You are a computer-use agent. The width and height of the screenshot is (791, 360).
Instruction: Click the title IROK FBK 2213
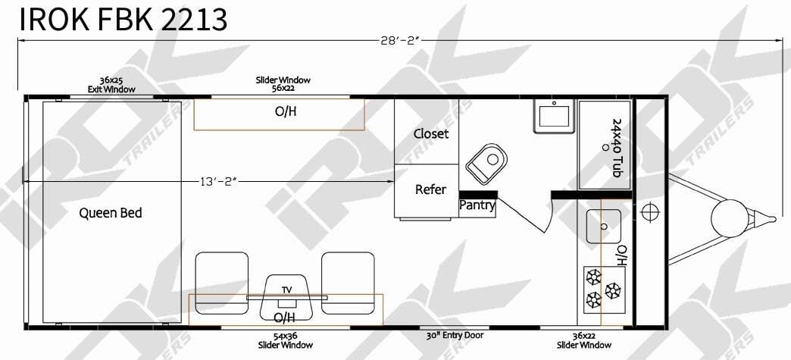(x=123, y=20)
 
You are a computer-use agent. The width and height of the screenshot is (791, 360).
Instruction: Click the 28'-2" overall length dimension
(x=400, y=41)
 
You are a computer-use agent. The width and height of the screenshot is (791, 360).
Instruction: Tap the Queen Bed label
(x=111, y=213)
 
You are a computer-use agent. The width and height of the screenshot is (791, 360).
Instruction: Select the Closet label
(x=431, y=134)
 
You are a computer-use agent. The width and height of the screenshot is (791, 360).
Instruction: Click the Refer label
(x=430, y=189)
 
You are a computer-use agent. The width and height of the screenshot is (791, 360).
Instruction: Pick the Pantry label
(x=477, y=206)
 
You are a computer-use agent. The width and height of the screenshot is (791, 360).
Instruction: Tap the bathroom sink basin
(x=555, y=117)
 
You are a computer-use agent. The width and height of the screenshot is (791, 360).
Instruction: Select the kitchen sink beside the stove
(x=602, y=226)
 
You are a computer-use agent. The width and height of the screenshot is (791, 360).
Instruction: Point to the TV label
(x=286, y=290)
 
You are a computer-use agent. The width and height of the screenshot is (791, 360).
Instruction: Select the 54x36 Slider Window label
(x=286, y=341)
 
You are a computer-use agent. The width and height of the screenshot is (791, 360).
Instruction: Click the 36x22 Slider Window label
(x=584, y=341)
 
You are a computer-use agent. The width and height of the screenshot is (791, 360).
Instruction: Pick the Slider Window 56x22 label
(x=283, y=83)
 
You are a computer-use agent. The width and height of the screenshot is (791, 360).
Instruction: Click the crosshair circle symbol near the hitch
(x=650, y=211)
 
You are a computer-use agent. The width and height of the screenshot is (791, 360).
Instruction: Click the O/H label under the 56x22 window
(x=286, y=111)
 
